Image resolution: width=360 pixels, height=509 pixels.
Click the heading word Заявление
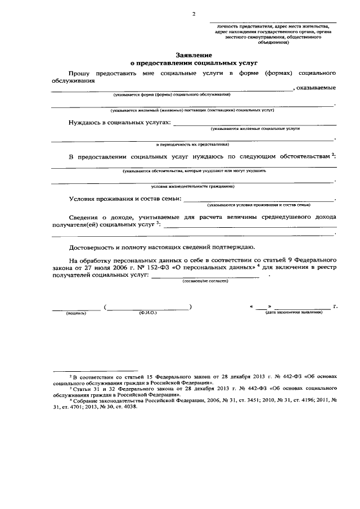click(x=193, y=56)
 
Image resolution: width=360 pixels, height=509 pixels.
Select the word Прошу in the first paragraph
click(x=82, y=73)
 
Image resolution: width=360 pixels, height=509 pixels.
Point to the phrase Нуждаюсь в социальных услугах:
click(x=119, y=122)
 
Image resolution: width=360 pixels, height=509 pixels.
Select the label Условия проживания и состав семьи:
click(x=125, y=198)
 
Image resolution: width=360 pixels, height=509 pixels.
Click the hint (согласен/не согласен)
click(x=205, y=281)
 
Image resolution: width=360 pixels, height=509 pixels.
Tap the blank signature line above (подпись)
click(x=75, y=307)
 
